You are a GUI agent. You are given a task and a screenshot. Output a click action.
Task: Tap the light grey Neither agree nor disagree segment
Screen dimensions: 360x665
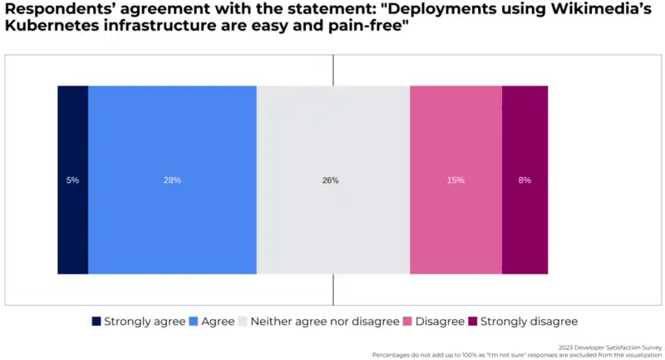pos(332,224)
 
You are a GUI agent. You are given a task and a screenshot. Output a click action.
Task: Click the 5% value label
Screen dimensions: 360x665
pos(72,180)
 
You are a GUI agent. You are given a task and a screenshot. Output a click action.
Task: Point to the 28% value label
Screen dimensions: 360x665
pos(172,180)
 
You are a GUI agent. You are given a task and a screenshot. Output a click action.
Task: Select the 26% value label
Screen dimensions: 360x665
pos(330,180)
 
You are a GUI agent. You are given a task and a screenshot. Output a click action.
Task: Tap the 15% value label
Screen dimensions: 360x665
pos(456,180)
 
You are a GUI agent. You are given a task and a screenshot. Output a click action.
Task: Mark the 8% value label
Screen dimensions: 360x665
pos(525,180)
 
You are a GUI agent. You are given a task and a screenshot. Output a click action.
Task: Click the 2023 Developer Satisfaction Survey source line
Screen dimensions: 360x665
pos(612,348)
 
